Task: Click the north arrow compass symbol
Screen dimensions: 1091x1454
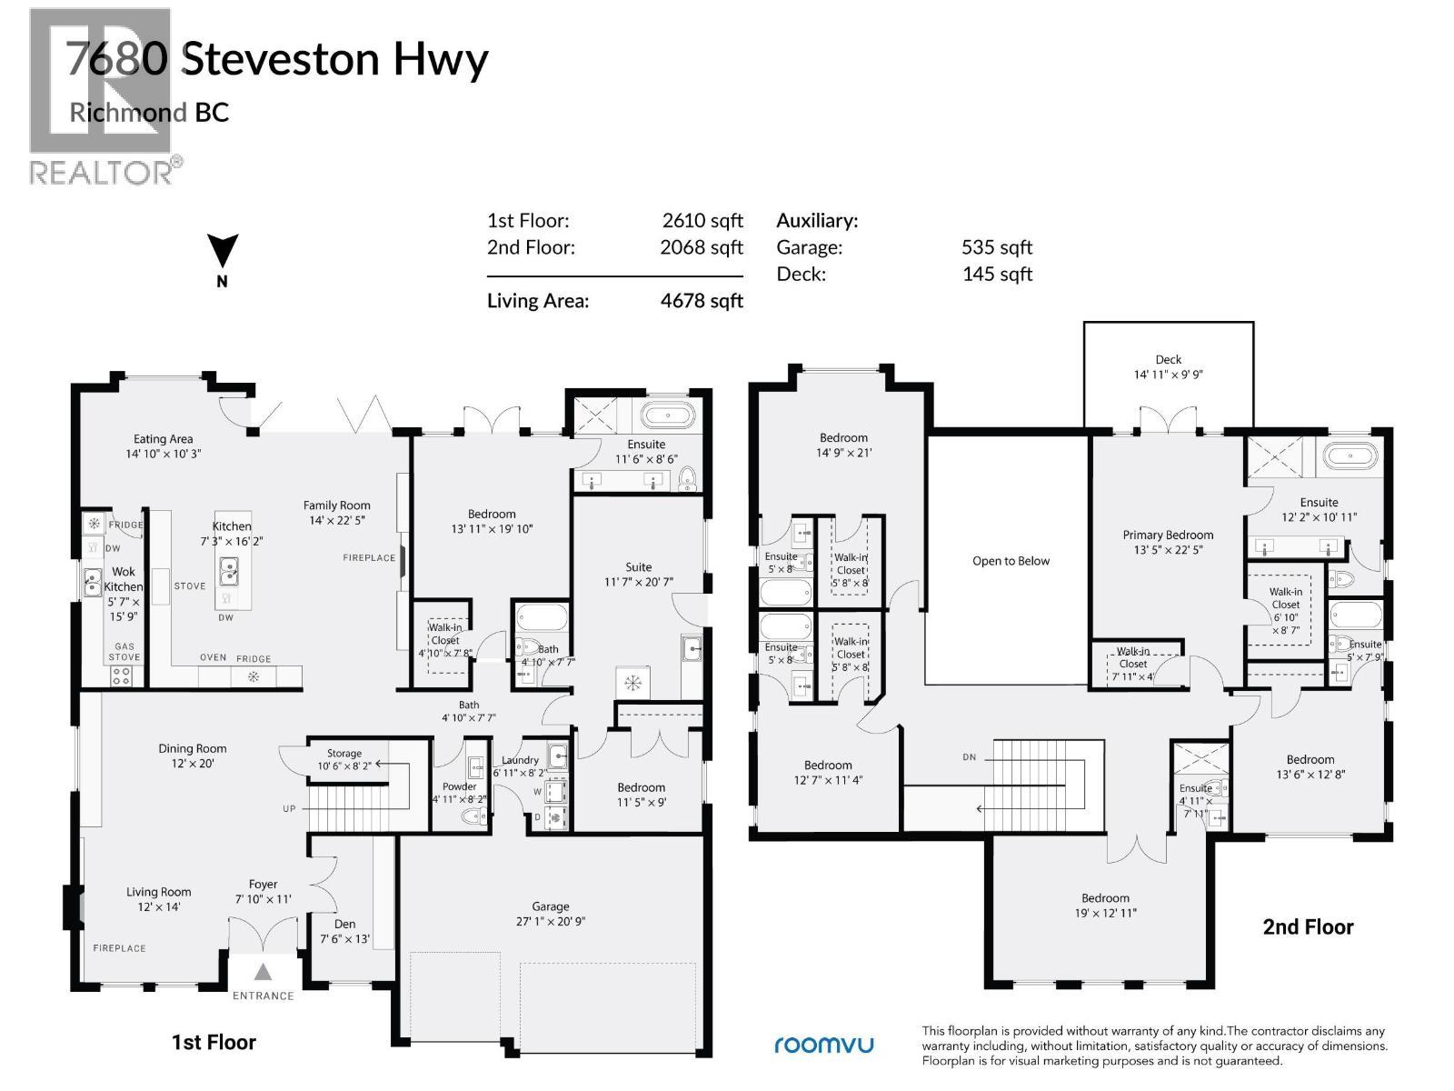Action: point(223,252)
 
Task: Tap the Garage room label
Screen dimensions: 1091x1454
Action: point(551,906)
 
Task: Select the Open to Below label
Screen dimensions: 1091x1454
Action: point(1011,561)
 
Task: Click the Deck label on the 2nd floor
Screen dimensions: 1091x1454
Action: point(1168,360)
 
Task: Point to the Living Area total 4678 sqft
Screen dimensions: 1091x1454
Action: point(701,301)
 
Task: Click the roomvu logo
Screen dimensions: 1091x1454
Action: point(823,1045)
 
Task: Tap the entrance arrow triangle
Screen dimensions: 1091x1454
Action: point(262,970)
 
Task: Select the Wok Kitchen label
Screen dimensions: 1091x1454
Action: point(123,579)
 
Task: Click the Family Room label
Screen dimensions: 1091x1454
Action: point(337,505)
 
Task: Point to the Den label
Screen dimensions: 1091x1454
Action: point(345,924)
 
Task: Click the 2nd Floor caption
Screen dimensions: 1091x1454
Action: point(1308,927)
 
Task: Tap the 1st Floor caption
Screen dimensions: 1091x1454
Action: point(214,1042)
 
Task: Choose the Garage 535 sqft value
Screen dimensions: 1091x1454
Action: point(997,247)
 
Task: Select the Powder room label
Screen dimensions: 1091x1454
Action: point(460,786)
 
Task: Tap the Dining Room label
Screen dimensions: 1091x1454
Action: point(193,749)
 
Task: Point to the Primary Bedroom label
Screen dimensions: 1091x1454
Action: point(1168,535)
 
